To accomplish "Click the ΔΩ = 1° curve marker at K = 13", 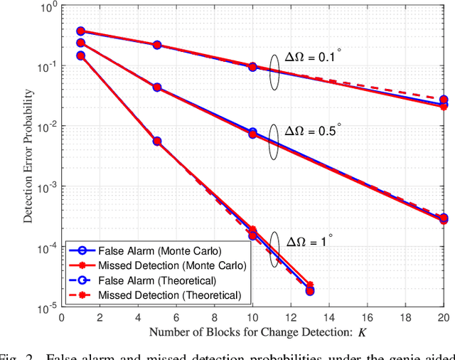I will (310, 290).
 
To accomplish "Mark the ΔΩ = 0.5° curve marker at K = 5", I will (157, 88).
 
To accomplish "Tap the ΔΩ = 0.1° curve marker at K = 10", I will (252, 67).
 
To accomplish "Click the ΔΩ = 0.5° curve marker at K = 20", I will (444, 218).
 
